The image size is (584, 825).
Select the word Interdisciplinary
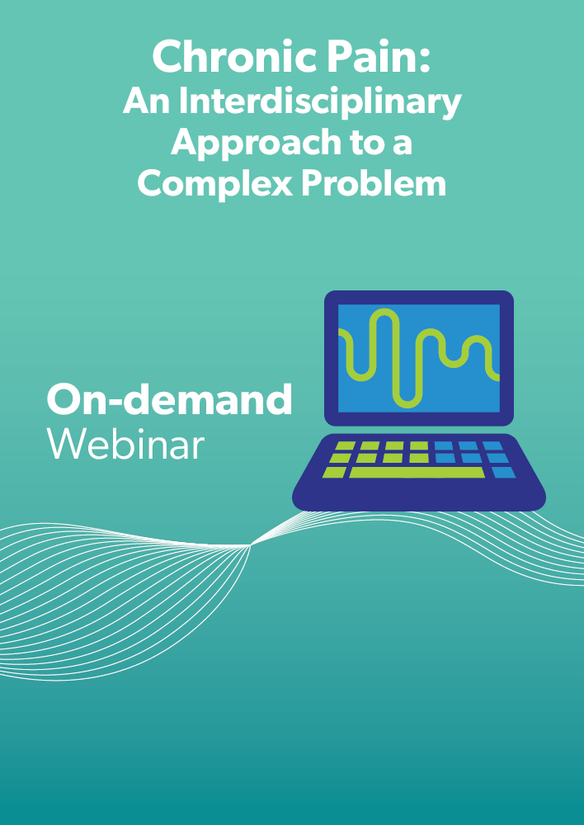coord(320,102)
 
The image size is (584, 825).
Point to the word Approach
coord(256,144)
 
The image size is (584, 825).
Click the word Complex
coord(214,185)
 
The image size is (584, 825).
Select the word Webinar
coord(125,445)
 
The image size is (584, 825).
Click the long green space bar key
coord(417,472)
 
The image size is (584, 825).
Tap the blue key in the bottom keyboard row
coord(503,472)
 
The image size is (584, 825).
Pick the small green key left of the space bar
coord(334,472)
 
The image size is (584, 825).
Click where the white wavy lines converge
coord(251,545)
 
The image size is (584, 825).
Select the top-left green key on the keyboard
coord(345,446)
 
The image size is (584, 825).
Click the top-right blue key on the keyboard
coord(493,446)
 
